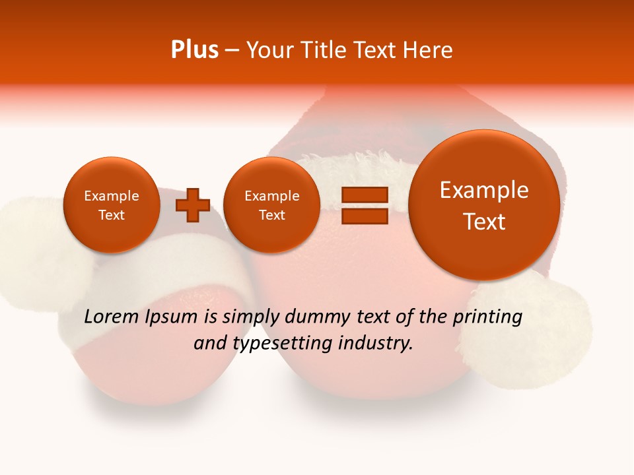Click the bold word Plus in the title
click(x=195, y=50)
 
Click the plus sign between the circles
click(x=193, y=205)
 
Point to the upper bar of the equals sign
click(x=364, y=195)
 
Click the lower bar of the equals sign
click(x=364, y=216)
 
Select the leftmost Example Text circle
click(x=112, y=205)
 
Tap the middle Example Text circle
click(x=271, y=205)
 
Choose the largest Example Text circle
click(x=484, y=205)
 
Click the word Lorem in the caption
click(x=112, y=317)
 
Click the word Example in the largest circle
click(x=484, y=190)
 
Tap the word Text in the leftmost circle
click(x=112, y=215)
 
